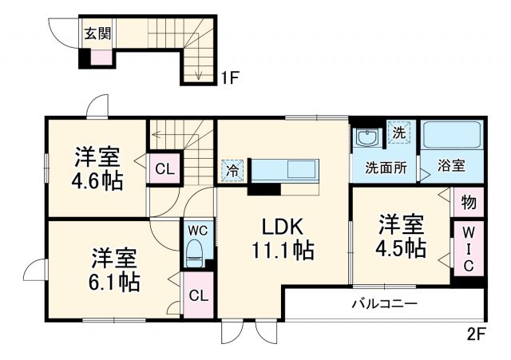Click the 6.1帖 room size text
coord(114,282)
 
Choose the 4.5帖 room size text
coord(401,248)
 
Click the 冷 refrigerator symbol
coord(232,169)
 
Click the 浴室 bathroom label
coord(452,168)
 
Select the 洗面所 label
coord(386,168)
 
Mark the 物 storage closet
coord(469,203)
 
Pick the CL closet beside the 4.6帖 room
coord(164,168)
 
